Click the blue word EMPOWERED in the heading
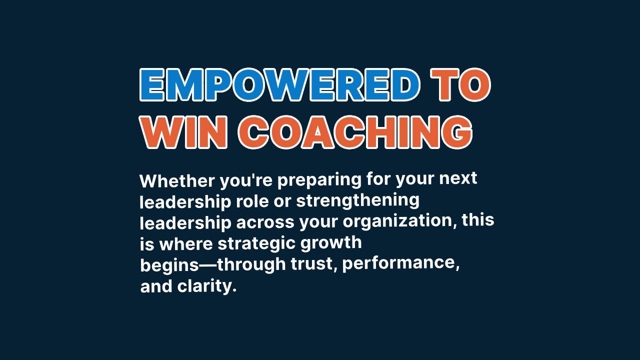tap(279, 85)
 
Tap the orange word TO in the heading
tap(460, 85)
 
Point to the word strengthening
tap(357, 200)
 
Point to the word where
tap(186, 244)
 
